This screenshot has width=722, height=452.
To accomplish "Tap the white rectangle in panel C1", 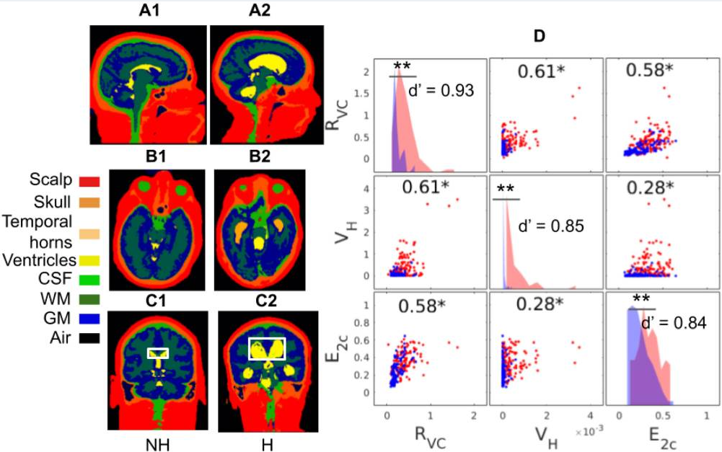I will (158, 353).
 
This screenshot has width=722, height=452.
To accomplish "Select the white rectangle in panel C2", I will (267, 348).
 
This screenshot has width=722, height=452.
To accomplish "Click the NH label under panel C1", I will (157, 441).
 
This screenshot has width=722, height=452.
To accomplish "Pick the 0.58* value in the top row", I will (649, 71).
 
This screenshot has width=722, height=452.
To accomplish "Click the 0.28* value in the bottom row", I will (540, 304).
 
